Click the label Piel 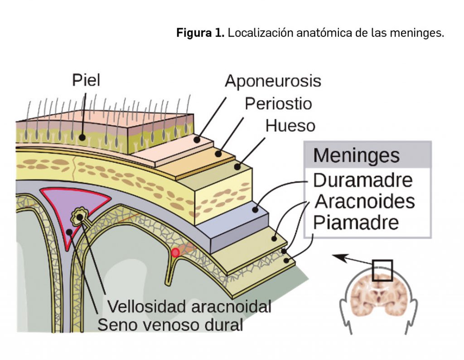pyautogui.click(x=86, y=80)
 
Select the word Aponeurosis pyautogui.click(x=273, y=82)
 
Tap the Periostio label pyautogui.click(x=278, y=103)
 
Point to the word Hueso pyautogui.click(x=290, y=125)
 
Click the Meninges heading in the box pyautogui.click(x=356, y=156)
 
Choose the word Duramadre pyautogui.click(x=362, y=180)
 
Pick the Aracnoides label pyautogui.click(x=365, y=201)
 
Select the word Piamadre pyautogui.click(x=356, y=222)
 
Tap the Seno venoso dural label pyautogui.click(x=170, y=325)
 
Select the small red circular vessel pyautogui.click(x=175, y=252)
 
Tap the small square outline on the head pyautogui.click(x=382, y=271)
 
